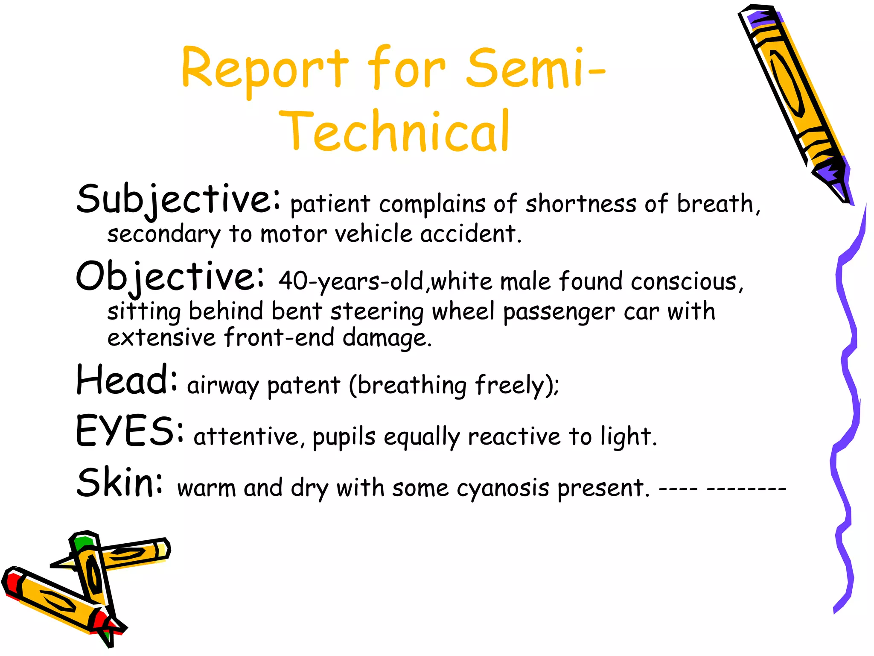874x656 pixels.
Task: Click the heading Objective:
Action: tap(170, 277)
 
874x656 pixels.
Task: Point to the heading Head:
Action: tap(127, 380)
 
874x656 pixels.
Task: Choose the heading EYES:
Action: tap(130, 431)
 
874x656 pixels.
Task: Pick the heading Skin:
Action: tap(120, 482)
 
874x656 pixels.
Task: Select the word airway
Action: tap(223, 386)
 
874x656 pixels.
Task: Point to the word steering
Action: tap(377, 312)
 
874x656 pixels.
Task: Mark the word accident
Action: tap(471, 234)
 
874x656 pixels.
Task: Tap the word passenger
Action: tap(559, 312)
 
